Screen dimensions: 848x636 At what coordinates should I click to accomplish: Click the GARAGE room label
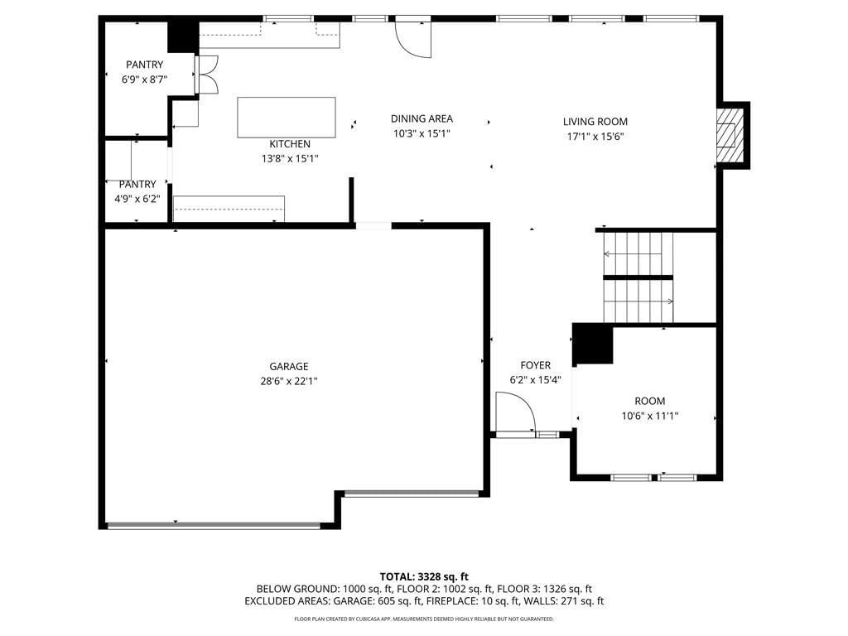click(289, 366)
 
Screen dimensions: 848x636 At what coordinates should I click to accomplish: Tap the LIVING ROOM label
click(595, 122)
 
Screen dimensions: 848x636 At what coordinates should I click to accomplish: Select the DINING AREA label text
click(422, 118)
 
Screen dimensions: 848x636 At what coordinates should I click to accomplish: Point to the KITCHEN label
click(290, 144)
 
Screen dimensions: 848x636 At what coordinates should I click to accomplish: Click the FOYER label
click(536, 365)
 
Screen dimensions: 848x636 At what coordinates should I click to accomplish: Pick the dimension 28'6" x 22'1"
click(289, 381)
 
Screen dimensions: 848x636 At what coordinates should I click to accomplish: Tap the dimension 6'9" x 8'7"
click(144, 79)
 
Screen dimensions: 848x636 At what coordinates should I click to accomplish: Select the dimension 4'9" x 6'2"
click(137, 199)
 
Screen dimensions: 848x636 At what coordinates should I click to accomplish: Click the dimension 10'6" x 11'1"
click(650, 416)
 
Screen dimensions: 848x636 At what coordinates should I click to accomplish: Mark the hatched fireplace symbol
click(730, 135)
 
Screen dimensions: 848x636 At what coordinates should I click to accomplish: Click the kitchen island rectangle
click(287, 118)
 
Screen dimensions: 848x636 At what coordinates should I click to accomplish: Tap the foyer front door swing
click(516, 412)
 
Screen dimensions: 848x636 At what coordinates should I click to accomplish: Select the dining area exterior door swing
click(413, 39)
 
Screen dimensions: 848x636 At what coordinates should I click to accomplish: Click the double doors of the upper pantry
click(207, 74)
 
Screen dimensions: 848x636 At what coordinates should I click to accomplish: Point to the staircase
click(638, 277)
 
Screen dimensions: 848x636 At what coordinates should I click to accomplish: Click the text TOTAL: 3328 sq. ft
click(424, 576)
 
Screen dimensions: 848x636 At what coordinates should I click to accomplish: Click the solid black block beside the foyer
click(593, 344)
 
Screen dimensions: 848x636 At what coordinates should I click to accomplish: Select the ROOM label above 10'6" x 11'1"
click(650, 401)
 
